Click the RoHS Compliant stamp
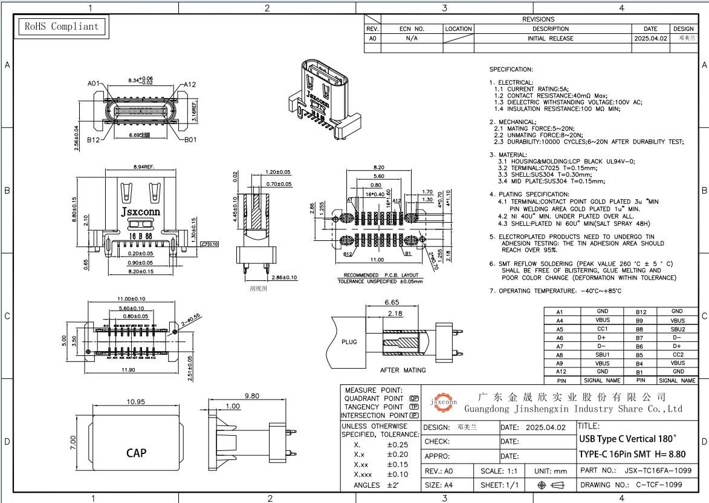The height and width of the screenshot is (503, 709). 60,27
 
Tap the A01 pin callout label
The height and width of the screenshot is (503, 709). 93,84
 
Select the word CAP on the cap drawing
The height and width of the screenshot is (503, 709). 136,453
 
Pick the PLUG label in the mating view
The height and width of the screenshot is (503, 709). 349,342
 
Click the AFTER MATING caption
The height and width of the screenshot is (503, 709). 403,370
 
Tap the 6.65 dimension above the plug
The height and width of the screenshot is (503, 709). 392,302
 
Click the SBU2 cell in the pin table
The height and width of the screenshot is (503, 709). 677,329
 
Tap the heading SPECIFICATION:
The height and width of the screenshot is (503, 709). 511,70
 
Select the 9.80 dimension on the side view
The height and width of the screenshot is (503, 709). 251,395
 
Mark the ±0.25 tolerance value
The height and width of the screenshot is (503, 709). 397,445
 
